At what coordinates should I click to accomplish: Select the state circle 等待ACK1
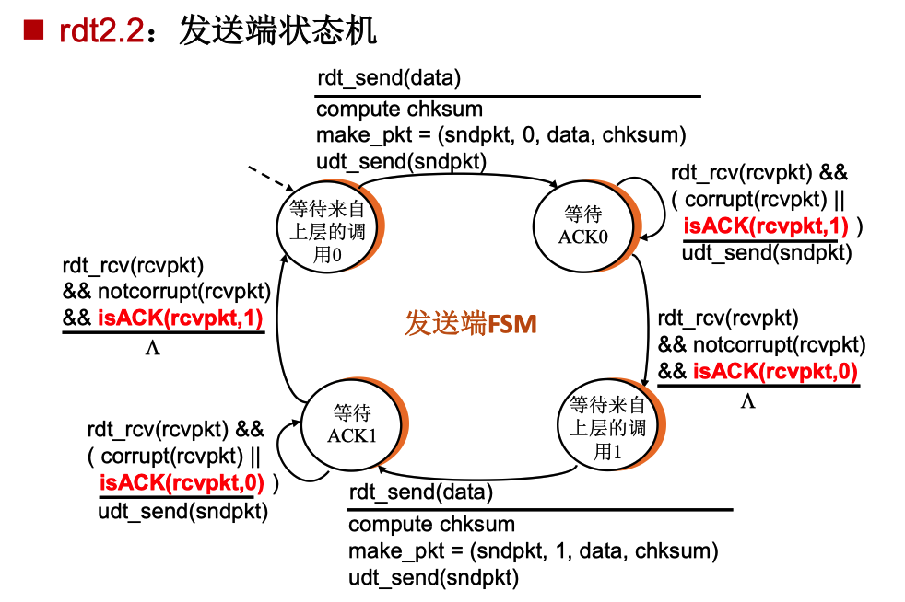click(x=351, y=423)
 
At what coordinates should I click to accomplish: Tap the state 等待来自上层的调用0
click(x=327, y=229)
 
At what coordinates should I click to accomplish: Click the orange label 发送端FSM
click(x=471, y=323)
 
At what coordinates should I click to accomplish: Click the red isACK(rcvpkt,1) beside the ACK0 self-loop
click(x=768, y=226)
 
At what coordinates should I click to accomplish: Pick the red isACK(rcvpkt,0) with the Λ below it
click(x=774, y=372)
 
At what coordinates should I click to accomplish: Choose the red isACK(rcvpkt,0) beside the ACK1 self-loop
click(x=182, y=481)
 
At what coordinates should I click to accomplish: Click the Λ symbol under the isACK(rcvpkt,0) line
click(x=747, y=401)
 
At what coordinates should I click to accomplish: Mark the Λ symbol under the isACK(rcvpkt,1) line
click(x=152, y=349)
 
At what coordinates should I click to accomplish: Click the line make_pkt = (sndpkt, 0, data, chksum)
click(x=500, y=135)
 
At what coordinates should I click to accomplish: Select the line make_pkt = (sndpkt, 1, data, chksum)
click(x=532, y=551)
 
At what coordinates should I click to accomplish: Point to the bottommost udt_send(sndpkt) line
click(x=433, y=578)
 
